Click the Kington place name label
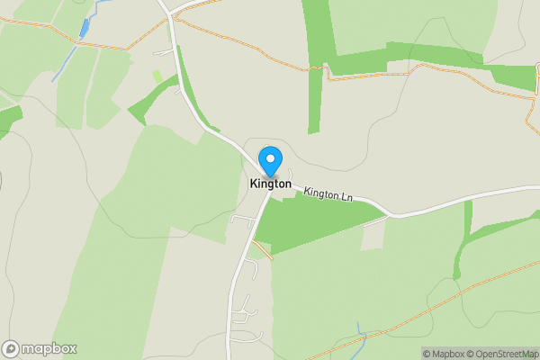pos(270,184)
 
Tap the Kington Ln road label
pos(328,194)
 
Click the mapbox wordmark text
pos(49,349)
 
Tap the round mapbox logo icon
pos(11,349)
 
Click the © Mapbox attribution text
pos(444,354)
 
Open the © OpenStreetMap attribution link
pos(501,354)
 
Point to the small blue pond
pos(85,28)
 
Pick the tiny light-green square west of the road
pos(157,77)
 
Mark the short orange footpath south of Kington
pos(263,248)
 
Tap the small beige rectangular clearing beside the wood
pos(372,238)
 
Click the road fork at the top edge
pos(170,12)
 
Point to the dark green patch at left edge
pos(7,121)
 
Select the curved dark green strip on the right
pos(463,243)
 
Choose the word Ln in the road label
pos(346,196)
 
